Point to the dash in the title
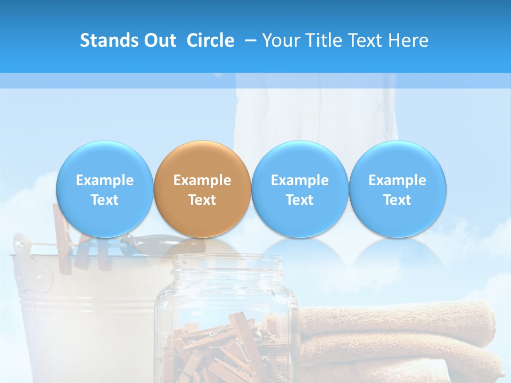coord(249,41)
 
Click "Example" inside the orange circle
coord(202,180)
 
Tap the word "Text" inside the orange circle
coord(202,200)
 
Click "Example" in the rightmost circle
coord(397,180)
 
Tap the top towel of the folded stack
coord(399,322)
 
